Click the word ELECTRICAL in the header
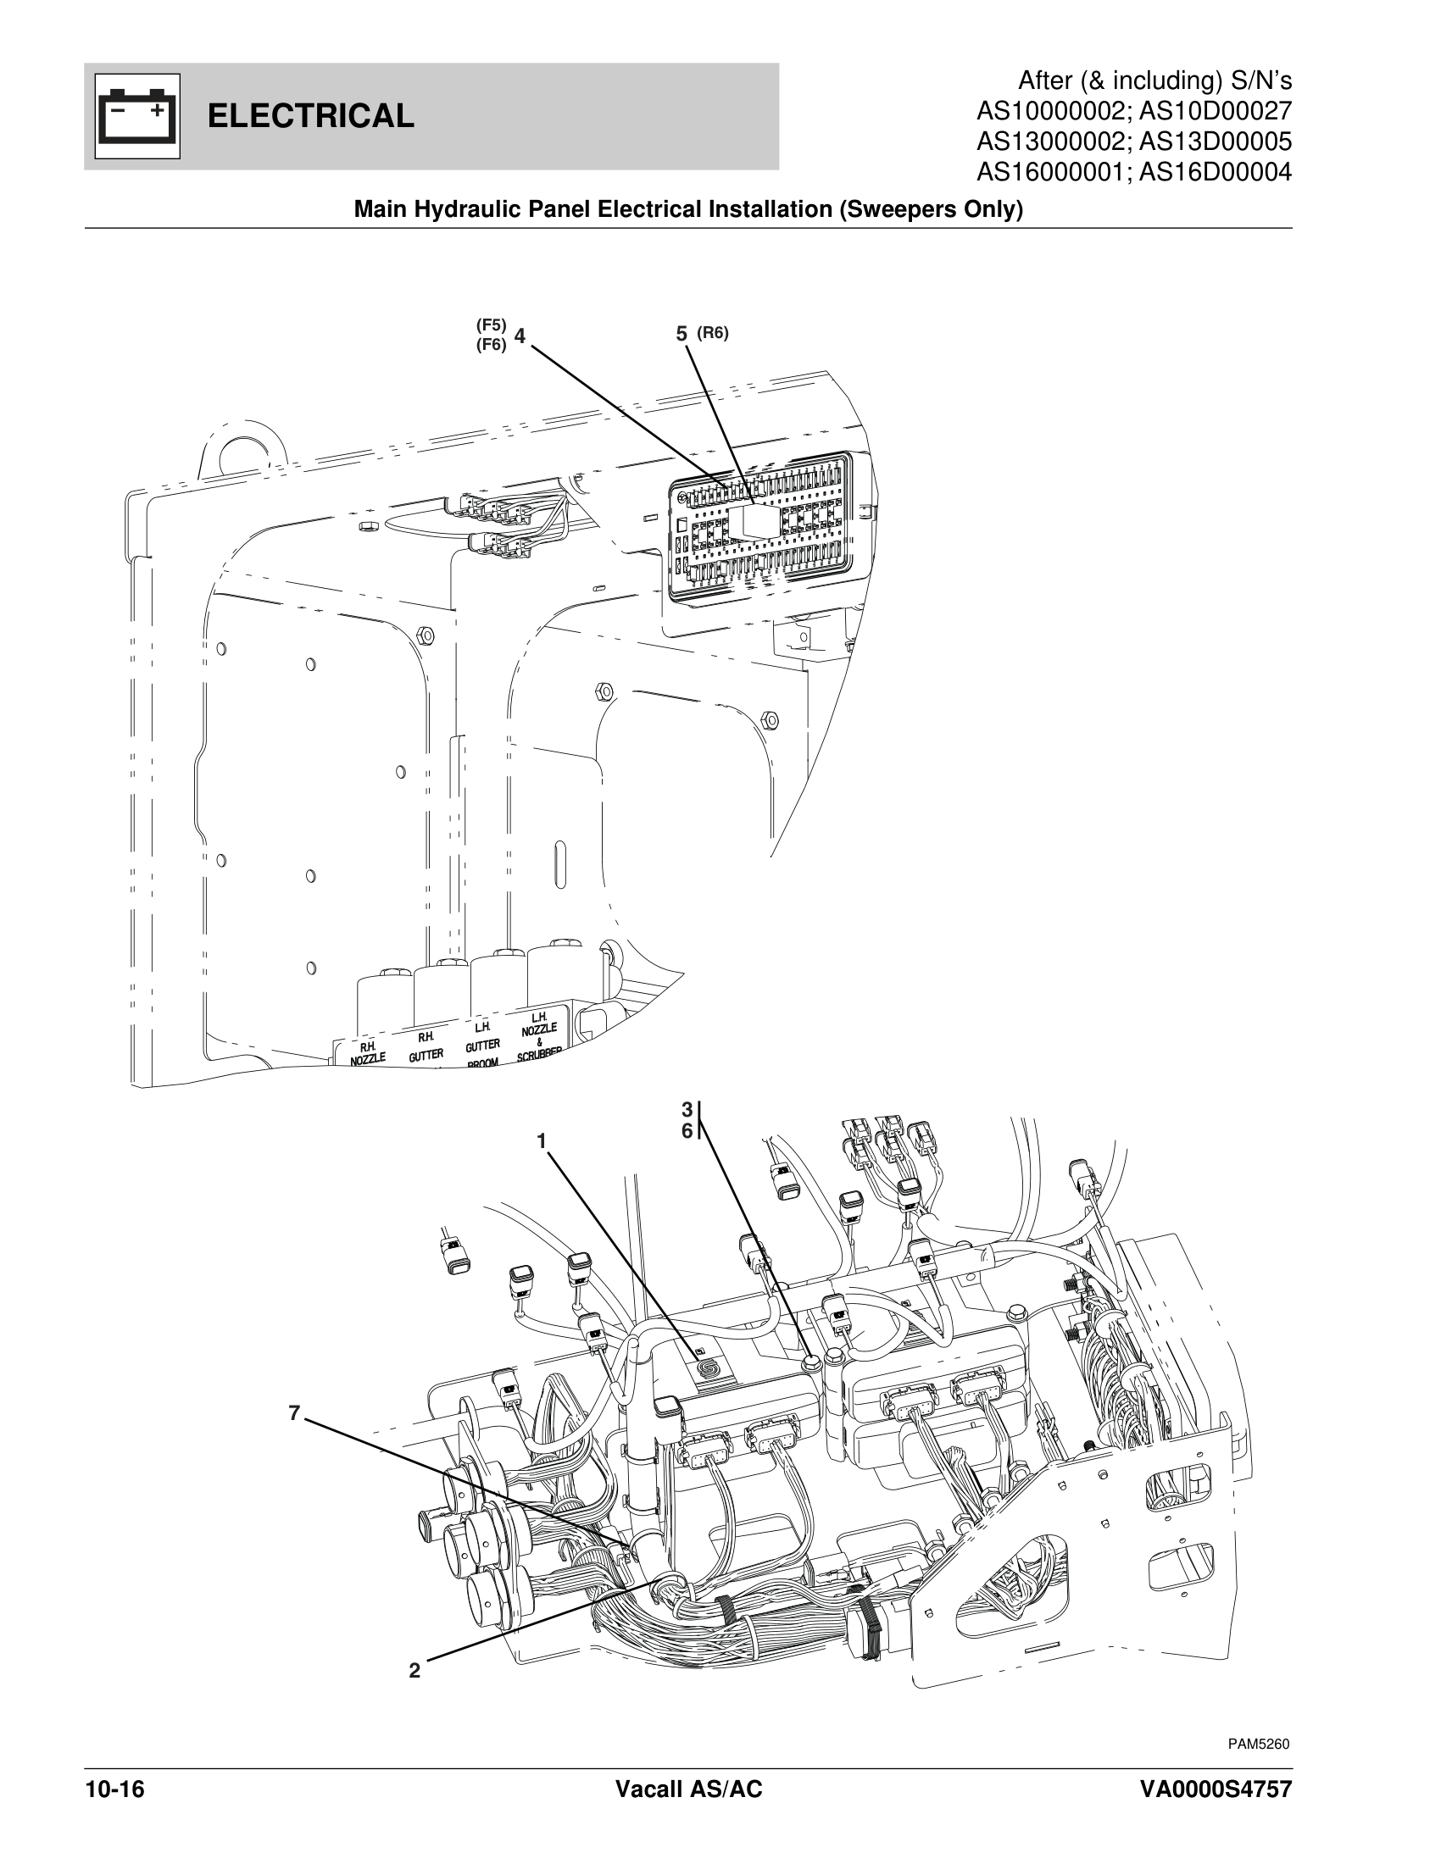311,116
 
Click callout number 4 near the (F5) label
519,335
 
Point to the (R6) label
713,333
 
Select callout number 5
682,335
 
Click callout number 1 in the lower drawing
542,1141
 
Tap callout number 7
293,1413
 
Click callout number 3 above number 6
687,1110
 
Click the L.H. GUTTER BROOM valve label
482,1046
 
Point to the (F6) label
491,344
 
